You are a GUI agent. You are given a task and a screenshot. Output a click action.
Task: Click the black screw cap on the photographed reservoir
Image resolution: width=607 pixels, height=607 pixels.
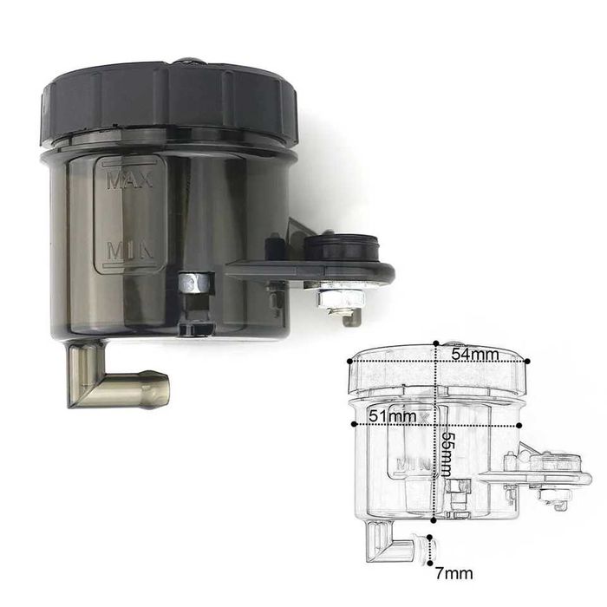(x=169, y=101)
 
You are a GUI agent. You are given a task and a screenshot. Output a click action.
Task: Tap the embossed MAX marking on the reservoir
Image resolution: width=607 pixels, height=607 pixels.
(x=130, y=180)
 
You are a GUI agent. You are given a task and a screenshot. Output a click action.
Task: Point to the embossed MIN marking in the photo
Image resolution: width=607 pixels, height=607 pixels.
(x=130, y=250)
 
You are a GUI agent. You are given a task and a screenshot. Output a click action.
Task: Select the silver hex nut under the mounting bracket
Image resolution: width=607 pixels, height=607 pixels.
(x=341, y=298)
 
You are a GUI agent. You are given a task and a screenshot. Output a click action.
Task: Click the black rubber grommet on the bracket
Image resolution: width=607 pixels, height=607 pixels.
(x=340, y=248)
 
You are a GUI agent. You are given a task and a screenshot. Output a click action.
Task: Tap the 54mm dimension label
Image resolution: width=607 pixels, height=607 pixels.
(x=476, y=354)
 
